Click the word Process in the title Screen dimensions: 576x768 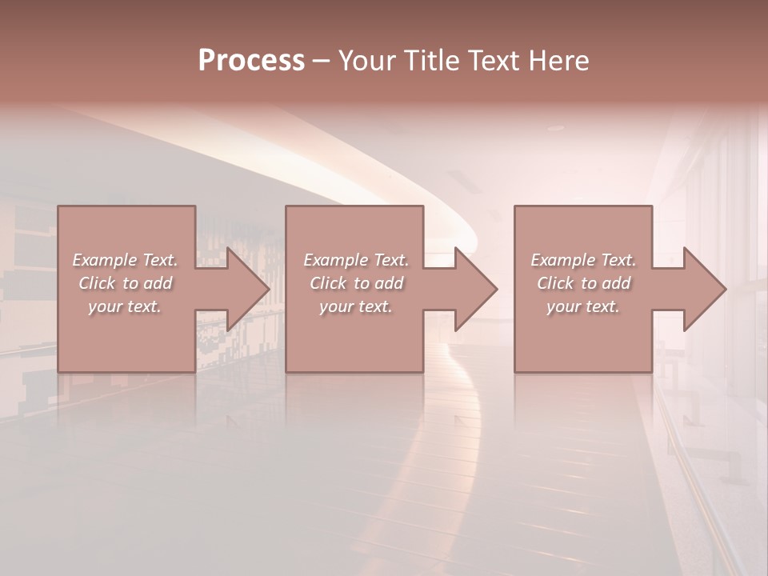(x=251, y=61)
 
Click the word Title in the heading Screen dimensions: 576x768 (x=431, y=61)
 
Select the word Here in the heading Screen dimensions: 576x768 (x=560, y=61)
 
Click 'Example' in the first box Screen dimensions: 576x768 (x=105, y=260)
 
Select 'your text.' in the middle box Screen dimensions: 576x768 (x=355, y=306)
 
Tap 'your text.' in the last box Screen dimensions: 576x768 (x=582, y=306)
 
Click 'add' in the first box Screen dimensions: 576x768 (x=158, y=283)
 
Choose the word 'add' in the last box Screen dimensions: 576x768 (x=617, y=283)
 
